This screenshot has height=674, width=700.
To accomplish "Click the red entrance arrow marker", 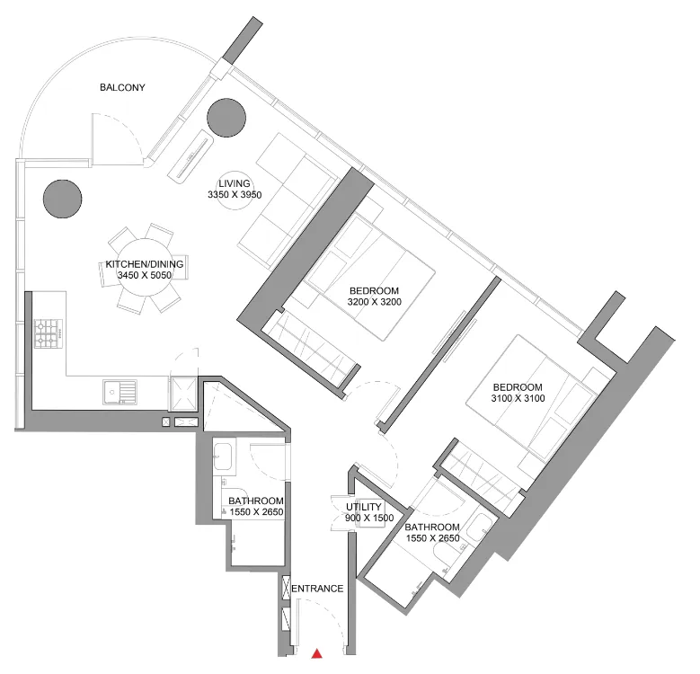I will (316, 654).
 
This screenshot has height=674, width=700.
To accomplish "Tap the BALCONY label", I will (122, 88).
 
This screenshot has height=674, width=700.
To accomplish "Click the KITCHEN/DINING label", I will (145, 264).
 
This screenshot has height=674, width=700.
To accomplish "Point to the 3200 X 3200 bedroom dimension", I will (374, 302).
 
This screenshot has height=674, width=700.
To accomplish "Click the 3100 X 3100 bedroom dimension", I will (518, 398).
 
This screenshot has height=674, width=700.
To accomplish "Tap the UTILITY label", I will (364, 507).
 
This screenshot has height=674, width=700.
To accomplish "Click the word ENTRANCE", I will (318, 589).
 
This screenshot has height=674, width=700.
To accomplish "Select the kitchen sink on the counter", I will (119, 392).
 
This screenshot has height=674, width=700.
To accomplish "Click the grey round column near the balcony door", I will (226, 116).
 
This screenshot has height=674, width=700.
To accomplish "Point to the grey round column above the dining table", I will (62, 197).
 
